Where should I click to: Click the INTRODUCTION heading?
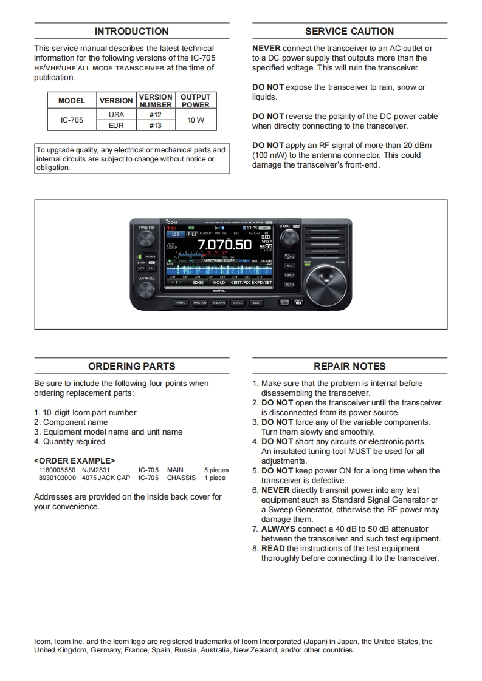click(131, 32)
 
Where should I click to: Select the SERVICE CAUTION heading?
click(349, 32)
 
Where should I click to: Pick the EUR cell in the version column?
click(116, 126)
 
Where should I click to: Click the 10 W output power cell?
click(196, 120)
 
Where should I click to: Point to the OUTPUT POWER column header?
click(196, 101)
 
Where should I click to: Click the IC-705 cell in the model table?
click(72, 120)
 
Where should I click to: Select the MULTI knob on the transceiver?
click(290, 237)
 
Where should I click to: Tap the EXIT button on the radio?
click(256, 302)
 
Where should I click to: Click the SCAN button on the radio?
click(289, 284)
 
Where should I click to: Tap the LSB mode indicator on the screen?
click(175, 234)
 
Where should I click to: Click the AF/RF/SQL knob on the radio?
click(146, 290)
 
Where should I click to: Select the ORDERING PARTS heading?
click(131, 367)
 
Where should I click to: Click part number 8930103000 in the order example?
click(57, 478)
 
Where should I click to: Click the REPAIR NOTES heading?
click(349, 367)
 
